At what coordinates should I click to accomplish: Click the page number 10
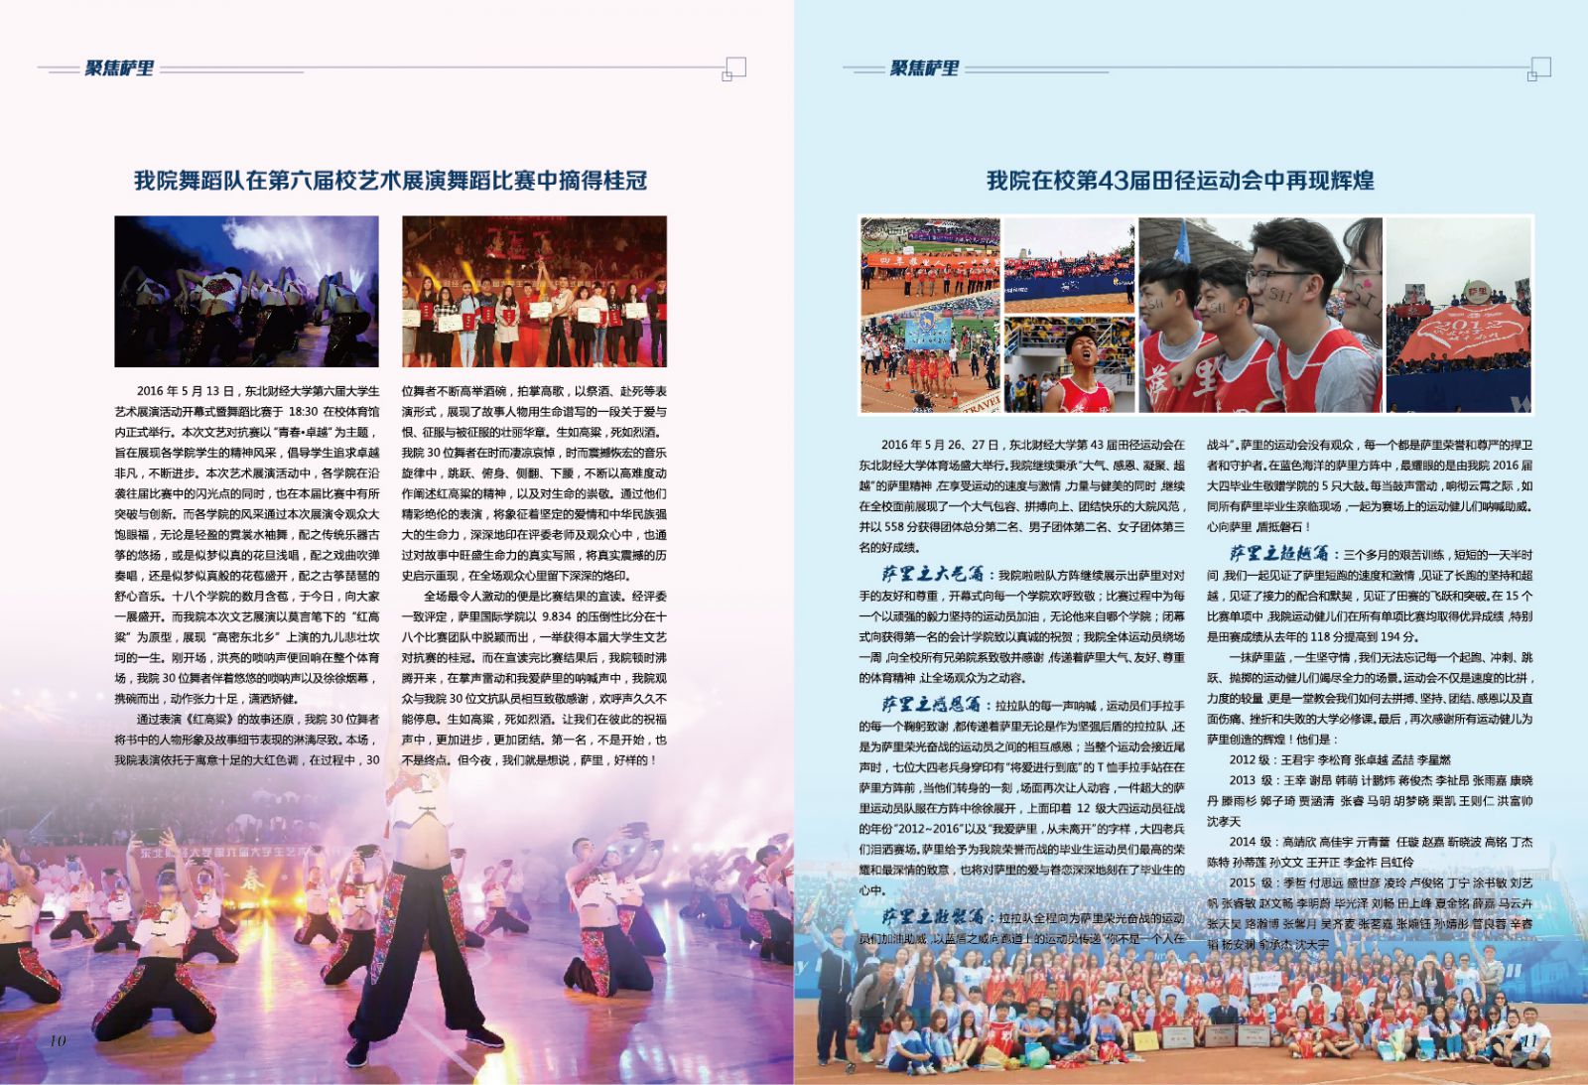(x=57, y=1039)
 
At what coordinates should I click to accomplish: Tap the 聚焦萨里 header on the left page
(x=119, y=68)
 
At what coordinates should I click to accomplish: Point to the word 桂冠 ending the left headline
(x=625, y=181)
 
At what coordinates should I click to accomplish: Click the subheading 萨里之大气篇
(x=932, y=575)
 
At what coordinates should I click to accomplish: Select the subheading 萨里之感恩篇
(x=932, y=704)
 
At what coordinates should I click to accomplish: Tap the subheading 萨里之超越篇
(x=1279, y=554)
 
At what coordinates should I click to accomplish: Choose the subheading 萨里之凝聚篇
(x=932, y=916)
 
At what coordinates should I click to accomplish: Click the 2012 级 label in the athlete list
(x=1251, y=759)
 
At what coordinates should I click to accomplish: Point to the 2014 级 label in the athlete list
(x=1251, y=842)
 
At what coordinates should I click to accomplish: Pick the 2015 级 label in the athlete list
(x=1251, y=882)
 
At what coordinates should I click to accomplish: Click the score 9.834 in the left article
(x=557, y=616)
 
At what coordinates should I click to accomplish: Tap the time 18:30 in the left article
(x=305, y=411)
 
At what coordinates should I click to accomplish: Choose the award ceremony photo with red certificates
(x=534, y=291)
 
